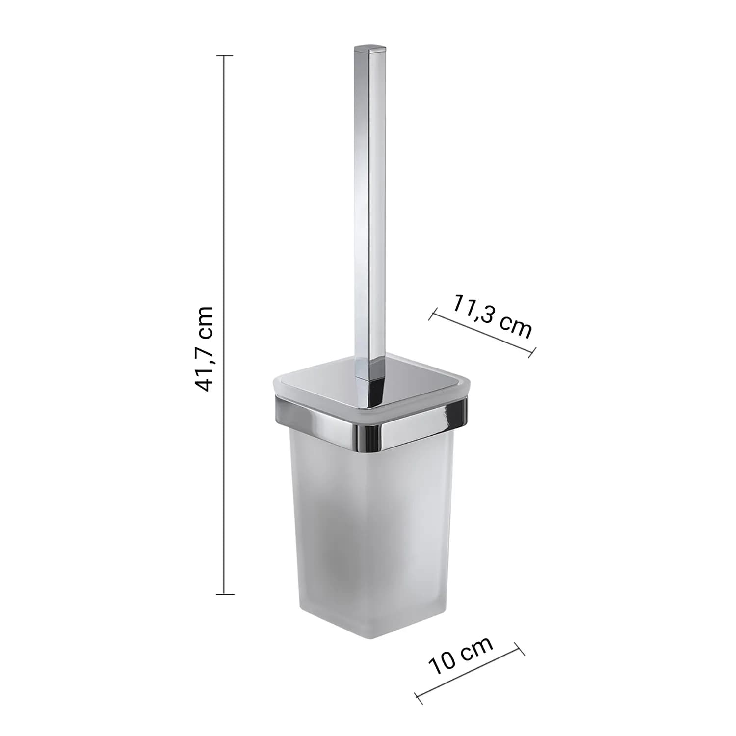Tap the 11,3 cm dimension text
point(492,317)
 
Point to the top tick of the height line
point(225,56)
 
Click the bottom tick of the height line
point(225,594)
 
